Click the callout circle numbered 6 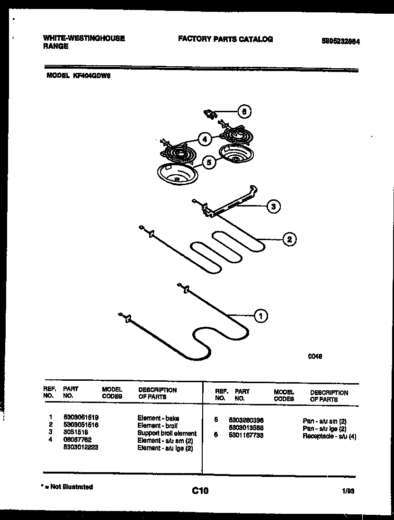pyautogui.click(x=244, y=112)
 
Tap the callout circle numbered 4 pyautogui.click(x=204, y=139)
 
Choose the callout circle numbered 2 pyautogui.click(x=289, y=239)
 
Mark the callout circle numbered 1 pyautogui.click(x=260, y=315)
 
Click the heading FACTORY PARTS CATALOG pyautogui.click(x=225, y=39)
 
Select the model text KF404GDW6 pyautogui.click(x=92, y=75)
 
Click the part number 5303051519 pyautogui.click(x=81, y=418)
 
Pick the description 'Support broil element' pyautogui.click(x=167, y=433)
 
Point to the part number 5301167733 pyautogui.click(x=246, y=435)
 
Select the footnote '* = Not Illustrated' pyautogui.click(x=67, y=486)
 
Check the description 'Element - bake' pyautogui.click(x=158, y=418)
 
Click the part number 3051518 pyautogui.click(x=75, y=433)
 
